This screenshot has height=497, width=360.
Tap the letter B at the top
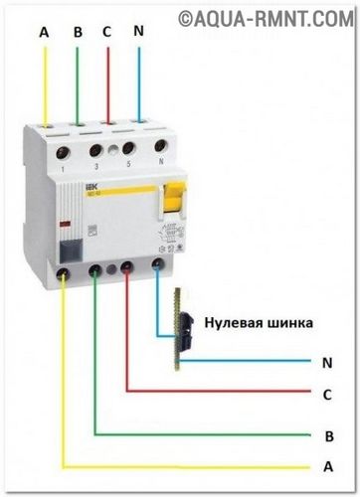tap(77, 33)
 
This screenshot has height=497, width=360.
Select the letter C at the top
tap(106, 33)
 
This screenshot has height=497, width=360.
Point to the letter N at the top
tap(137, 33)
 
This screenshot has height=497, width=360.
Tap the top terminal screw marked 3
tap(95, 152)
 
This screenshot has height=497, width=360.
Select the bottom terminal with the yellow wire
tap(65, 269)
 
